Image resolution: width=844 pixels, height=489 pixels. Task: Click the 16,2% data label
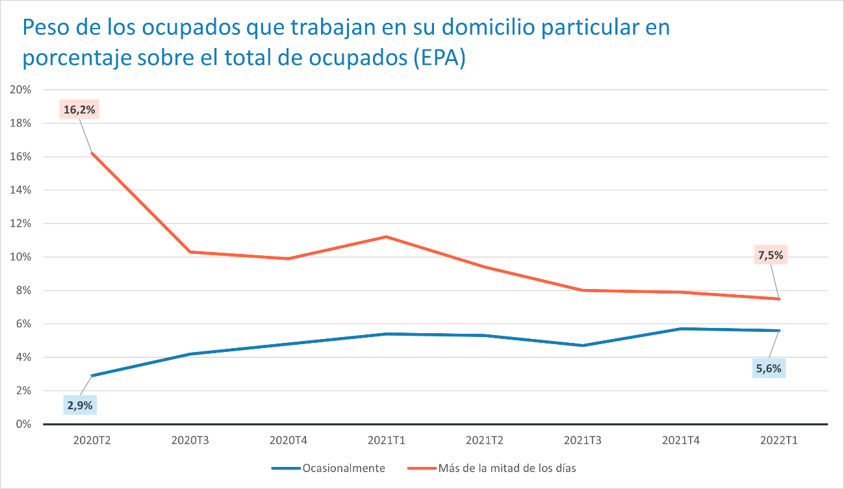(79, 110)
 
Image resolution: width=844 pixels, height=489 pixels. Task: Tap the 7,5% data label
(771, 255)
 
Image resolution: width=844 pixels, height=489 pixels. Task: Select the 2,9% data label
(79, 406)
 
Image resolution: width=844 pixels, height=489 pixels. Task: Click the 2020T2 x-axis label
(92, 440)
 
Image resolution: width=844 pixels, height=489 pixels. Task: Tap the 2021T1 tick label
(387, 440)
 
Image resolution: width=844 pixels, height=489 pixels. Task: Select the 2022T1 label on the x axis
(779, 440)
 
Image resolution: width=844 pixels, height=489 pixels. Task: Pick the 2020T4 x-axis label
(288, 440)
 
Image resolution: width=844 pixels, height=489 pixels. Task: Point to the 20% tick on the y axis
(21, 90)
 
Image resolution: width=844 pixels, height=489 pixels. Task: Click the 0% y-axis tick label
(23, 424)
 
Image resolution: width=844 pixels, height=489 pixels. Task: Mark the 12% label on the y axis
(21, 223)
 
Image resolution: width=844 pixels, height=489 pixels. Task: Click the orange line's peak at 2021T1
(387, 236)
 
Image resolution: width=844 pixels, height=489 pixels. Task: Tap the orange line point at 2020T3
(190, 251)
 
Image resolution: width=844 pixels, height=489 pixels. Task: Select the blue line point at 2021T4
(681, 329)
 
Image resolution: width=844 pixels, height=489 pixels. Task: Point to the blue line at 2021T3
(583, 345)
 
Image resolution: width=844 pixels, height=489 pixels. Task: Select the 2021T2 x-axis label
(485, 440)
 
